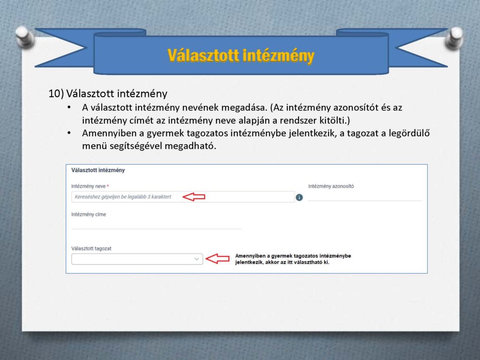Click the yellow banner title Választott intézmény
[x=241, y=56]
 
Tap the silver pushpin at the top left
[x=24, y=37]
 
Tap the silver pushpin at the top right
[x=455, y=38]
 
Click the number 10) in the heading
[x=56, y=94]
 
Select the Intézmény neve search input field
[x=183, y=197]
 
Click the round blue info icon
[x=300, y=197]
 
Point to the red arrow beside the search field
[x=194, y=197]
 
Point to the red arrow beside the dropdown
[x=217, y=259]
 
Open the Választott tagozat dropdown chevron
[x=196, y=259]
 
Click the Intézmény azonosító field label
[x=331, y=186]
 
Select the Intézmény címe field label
[x=89, y=214]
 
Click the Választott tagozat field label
[x=91, y=248]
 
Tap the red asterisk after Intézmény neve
[x=108, y=186]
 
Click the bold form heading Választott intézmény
[x=98, y=170]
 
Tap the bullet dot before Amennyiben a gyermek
[x=69, y=133]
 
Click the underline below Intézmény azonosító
[x=365, y=201]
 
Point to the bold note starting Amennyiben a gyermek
[x=293, y=259]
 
